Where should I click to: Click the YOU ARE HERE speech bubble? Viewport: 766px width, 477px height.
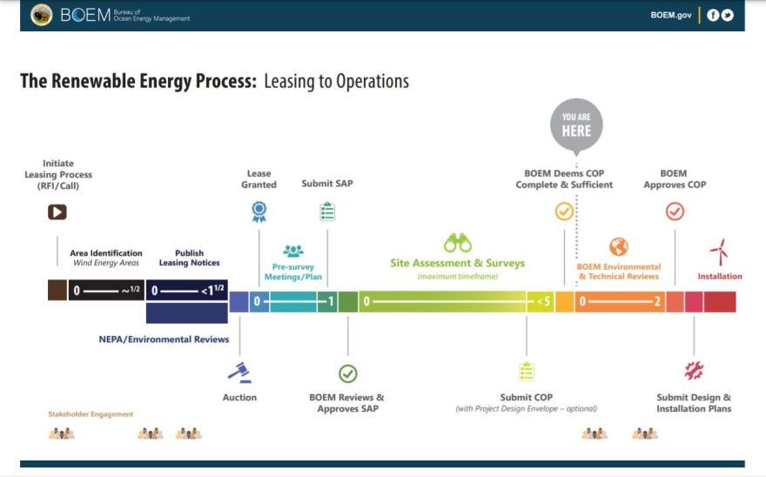pos(576,125)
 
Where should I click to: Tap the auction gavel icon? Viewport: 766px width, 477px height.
pos(239,373)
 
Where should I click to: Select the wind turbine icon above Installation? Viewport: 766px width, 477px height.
pos(719,252)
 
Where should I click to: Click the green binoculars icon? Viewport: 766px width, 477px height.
pos(457,243)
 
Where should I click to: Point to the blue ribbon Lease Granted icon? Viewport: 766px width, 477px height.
pos(259,212)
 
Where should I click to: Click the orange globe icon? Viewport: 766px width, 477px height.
pos(618,246)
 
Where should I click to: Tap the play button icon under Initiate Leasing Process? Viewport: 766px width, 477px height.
pos(57,212)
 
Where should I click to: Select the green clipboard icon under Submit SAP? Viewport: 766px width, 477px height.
pos(327,212)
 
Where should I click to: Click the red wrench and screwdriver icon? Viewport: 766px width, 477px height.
pos(694,371)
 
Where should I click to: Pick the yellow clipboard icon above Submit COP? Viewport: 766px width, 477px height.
pos(526,372)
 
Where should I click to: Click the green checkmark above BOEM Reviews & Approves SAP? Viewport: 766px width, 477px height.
pos(347,373)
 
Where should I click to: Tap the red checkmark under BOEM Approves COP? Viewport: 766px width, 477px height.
pos(675,212)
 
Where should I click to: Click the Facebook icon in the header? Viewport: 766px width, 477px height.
pos(713,15)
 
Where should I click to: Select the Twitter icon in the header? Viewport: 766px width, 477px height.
pos(727,15)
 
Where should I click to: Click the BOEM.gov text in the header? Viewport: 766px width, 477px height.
pos(670,16)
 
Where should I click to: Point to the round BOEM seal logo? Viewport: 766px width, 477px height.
pos(41,15)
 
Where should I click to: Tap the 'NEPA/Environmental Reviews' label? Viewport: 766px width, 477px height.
pos(164,339)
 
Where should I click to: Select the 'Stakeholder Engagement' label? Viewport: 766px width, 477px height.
pos(91,414)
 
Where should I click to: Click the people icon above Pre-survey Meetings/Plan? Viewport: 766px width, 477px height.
pos(293,251)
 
